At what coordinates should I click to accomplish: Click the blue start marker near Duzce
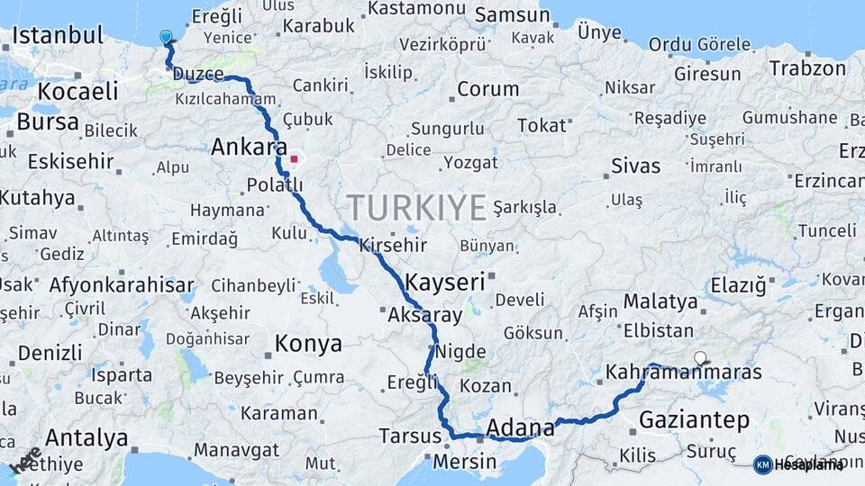166,37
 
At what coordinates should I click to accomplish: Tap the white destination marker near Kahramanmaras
700,357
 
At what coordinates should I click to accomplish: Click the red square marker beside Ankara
293,160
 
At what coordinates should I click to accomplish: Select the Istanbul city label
58,36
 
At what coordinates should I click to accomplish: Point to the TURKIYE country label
417,208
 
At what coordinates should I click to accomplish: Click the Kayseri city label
445,282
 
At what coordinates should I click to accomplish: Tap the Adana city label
520,426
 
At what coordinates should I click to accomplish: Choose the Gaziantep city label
694,419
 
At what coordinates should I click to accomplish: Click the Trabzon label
807,68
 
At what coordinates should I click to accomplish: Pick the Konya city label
308,343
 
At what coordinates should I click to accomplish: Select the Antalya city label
86,438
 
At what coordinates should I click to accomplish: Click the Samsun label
512,14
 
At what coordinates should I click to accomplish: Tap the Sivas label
635,166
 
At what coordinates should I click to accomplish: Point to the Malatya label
660,301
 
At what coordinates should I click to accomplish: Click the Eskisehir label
70,161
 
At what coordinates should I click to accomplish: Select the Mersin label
465,462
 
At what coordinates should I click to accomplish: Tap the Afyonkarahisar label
122,285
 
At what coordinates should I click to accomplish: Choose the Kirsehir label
393,245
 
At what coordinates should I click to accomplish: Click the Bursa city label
48,121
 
